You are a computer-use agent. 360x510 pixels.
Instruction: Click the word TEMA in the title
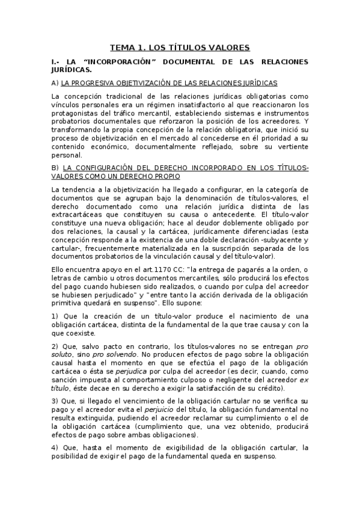pyautogui.click(x=123, y=48)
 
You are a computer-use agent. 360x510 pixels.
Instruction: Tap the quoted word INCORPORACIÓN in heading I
pyautogui.click(x=115, y=63)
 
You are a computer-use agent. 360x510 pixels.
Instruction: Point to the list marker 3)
pyautogui.click(x=55, y=400)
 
